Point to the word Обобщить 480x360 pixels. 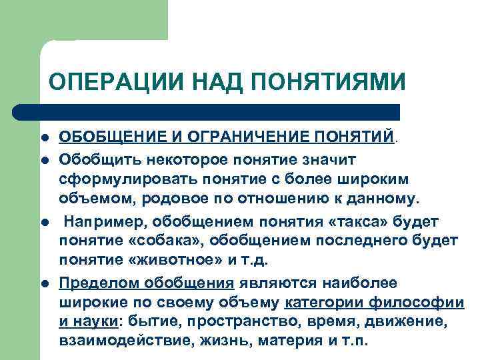(93, 159)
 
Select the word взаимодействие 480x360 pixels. (114, 341)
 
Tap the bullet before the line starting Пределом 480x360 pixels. (43, 283)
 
